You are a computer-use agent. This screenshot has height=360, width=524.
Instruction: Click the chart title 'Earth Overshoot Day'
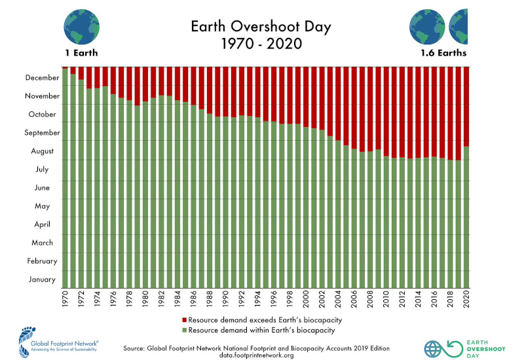tap(261, 27)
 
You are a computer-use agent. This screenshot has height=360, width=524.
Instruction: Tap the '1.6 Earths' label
tap(443, 53)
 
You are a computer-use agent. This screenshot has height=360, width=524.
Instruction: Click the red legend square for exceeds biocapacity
tap(183, 320)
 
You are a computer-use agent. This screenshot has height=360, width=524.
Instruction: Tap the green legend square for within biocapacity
tap(183, 330)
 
